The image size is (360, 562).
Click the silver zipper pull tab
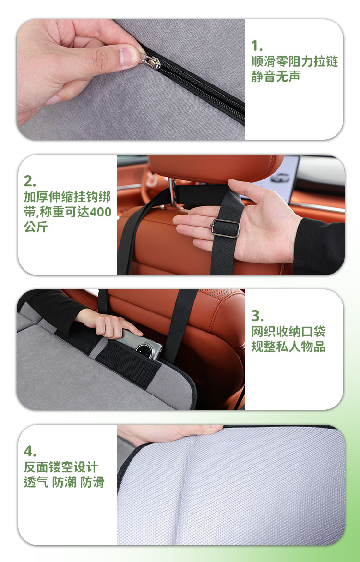(150, 61)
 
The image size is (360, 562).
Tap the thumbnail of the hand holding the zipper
(131, 79)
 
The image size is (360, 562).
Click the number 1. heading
(257, 46)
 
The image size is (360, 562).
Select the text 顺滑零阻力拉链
(294, 61)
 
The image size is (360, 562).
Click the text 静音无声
(276, 76)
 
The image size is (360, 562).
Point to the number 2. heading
(30, 181)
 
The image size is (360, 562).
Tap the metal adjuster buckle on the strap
(225, 228)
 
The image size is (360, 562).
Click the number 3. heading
(257, 316)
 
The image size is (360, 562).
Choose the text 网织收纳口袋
(288, 332)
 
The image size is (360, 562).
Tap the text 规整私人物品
(288, 347)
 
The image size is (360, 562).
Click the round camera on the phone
(145, 349)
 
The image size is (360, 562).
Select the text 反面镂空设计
(61, 467)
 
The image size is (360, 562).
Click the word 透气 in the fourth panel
(36, 482)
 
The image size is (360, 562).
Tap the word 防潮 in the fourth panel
(64, 482)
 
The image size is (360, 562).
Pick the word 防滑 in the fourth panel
(93, 482)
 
